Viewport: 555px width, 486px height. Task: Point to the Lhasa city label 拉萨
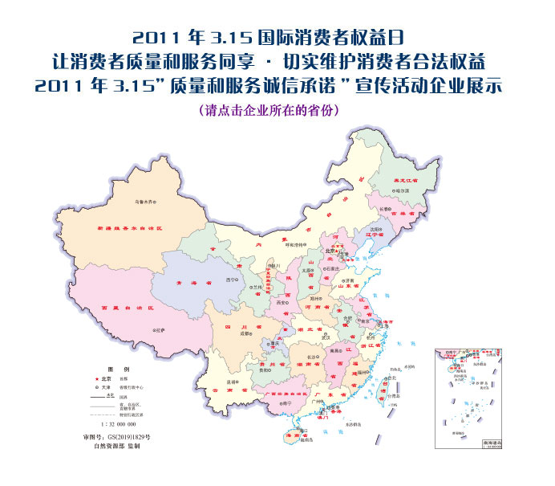pyautogui.click(x=160, y=330)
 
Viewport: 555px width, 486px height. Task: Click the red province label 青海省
pyautogui.click(x=198, y=283)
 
